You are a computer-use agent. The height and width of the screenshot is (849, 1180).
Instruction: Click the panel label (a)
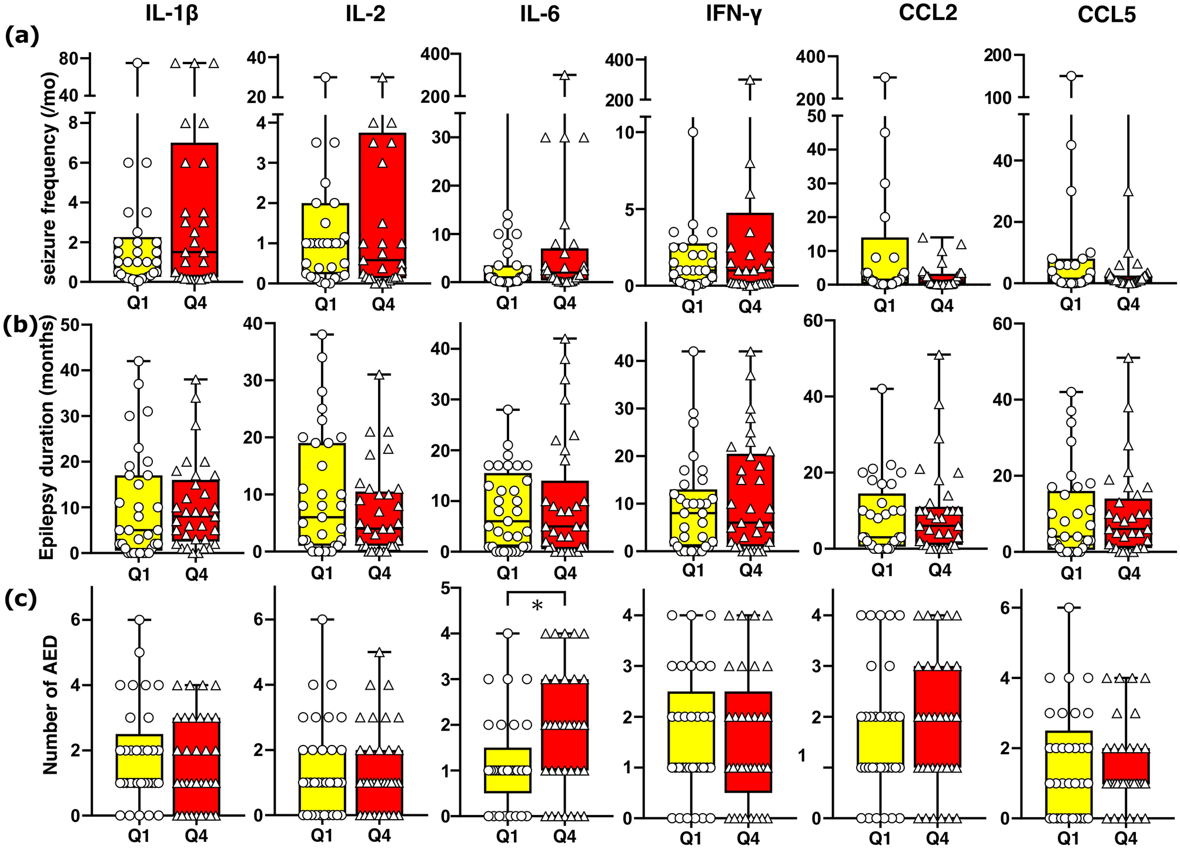pyautogui.click(x=22, y=36)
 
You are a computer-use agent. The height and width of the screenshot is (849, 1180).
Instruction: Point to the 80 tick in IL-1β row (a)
pyautogui.click(x=72, y=58)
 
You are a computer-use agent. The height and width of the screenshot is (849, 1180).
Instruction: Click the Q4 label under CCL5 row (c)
pyautogui.click(x=1125, y=837)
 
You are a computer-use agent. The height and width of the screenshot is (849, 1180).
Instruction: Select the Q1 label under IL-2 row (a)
pyautogui.click(x=325, y=303)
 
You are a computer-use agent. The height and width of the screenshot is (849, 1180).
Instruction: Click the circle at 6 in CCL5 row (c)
pyautogui.click(x=1069, y=608)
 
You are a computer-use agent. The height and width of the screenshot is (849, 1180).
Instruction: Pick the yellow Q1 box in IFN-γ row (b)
pyautogui.click(x=692, y=517)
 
